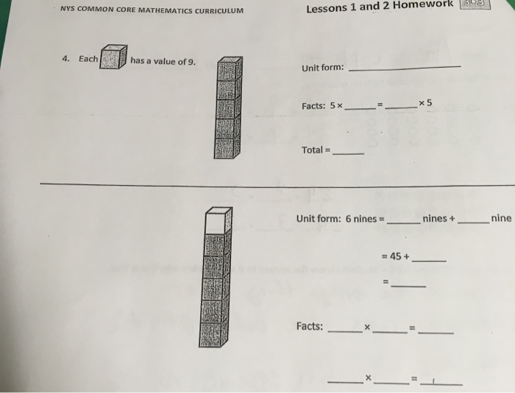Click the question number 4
pos(65,59)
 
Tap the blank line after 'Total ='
pos(349,153)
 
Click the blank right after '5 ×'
pos(360,108)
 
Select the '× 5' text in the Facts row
pos(425,103)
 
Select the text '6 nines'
pos(360,219)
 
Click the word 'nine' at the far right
pos(501,218)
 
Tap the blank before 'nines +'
pos(403,222)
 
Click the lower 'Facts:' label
pos(310,326)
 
